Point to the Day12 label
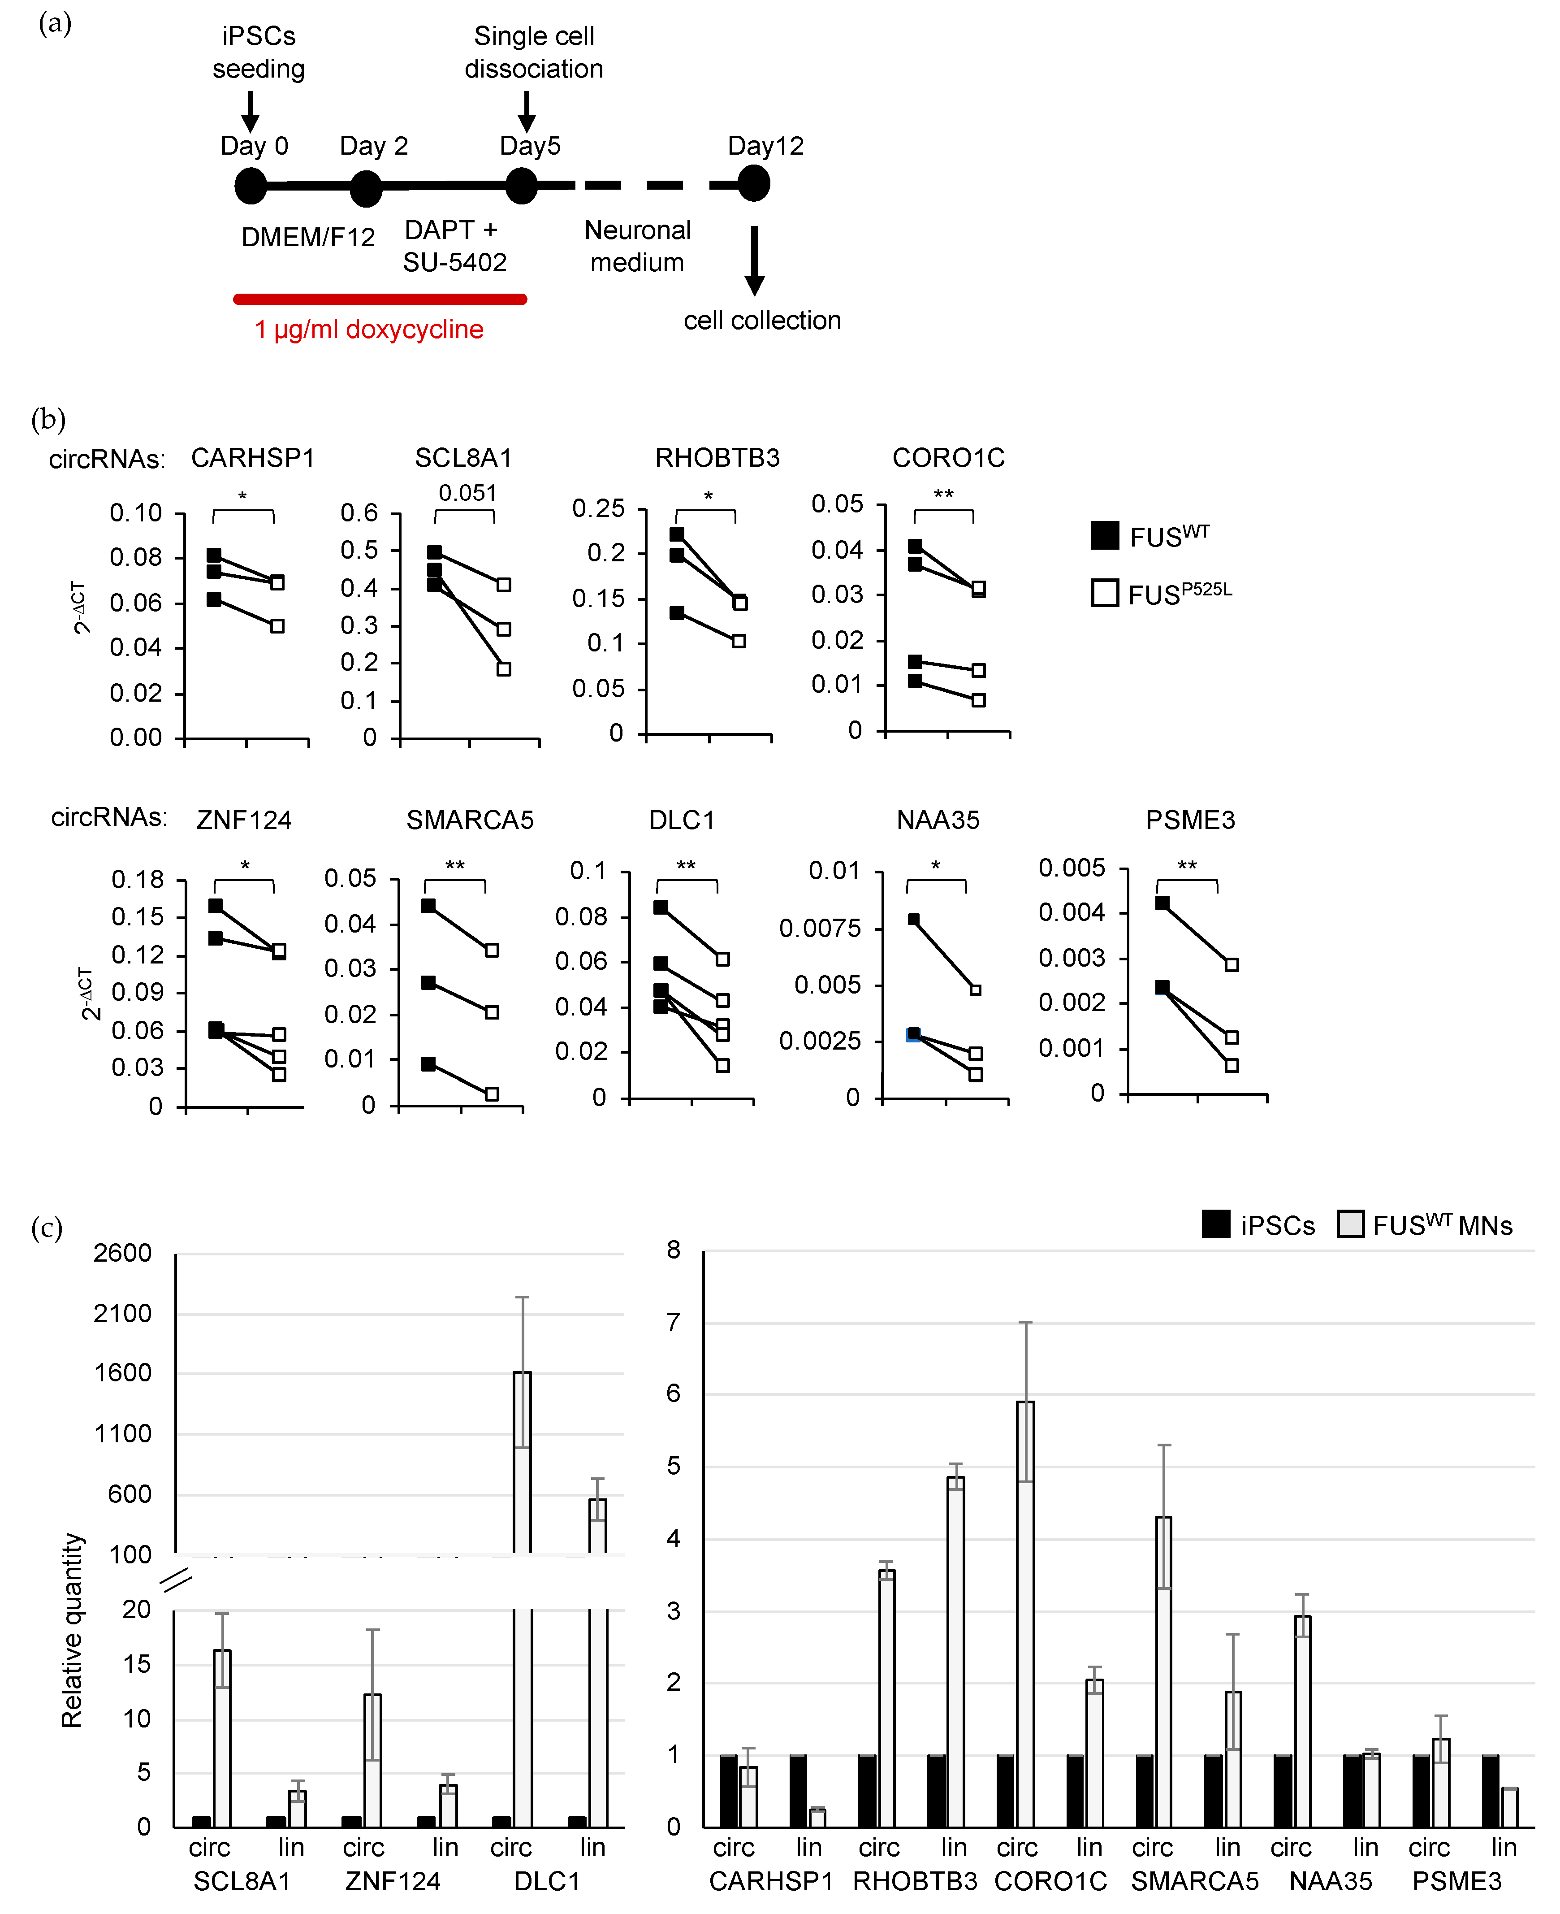pyautogui.click(x=765, y=146)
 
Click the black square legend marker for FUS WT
pyautogui.click(x=1104, y=536)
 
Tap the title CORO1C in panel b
pyautogui.click(x=948, y=458)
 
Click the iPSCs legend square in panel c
pyautogui.click(x=1216, y=1224)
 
